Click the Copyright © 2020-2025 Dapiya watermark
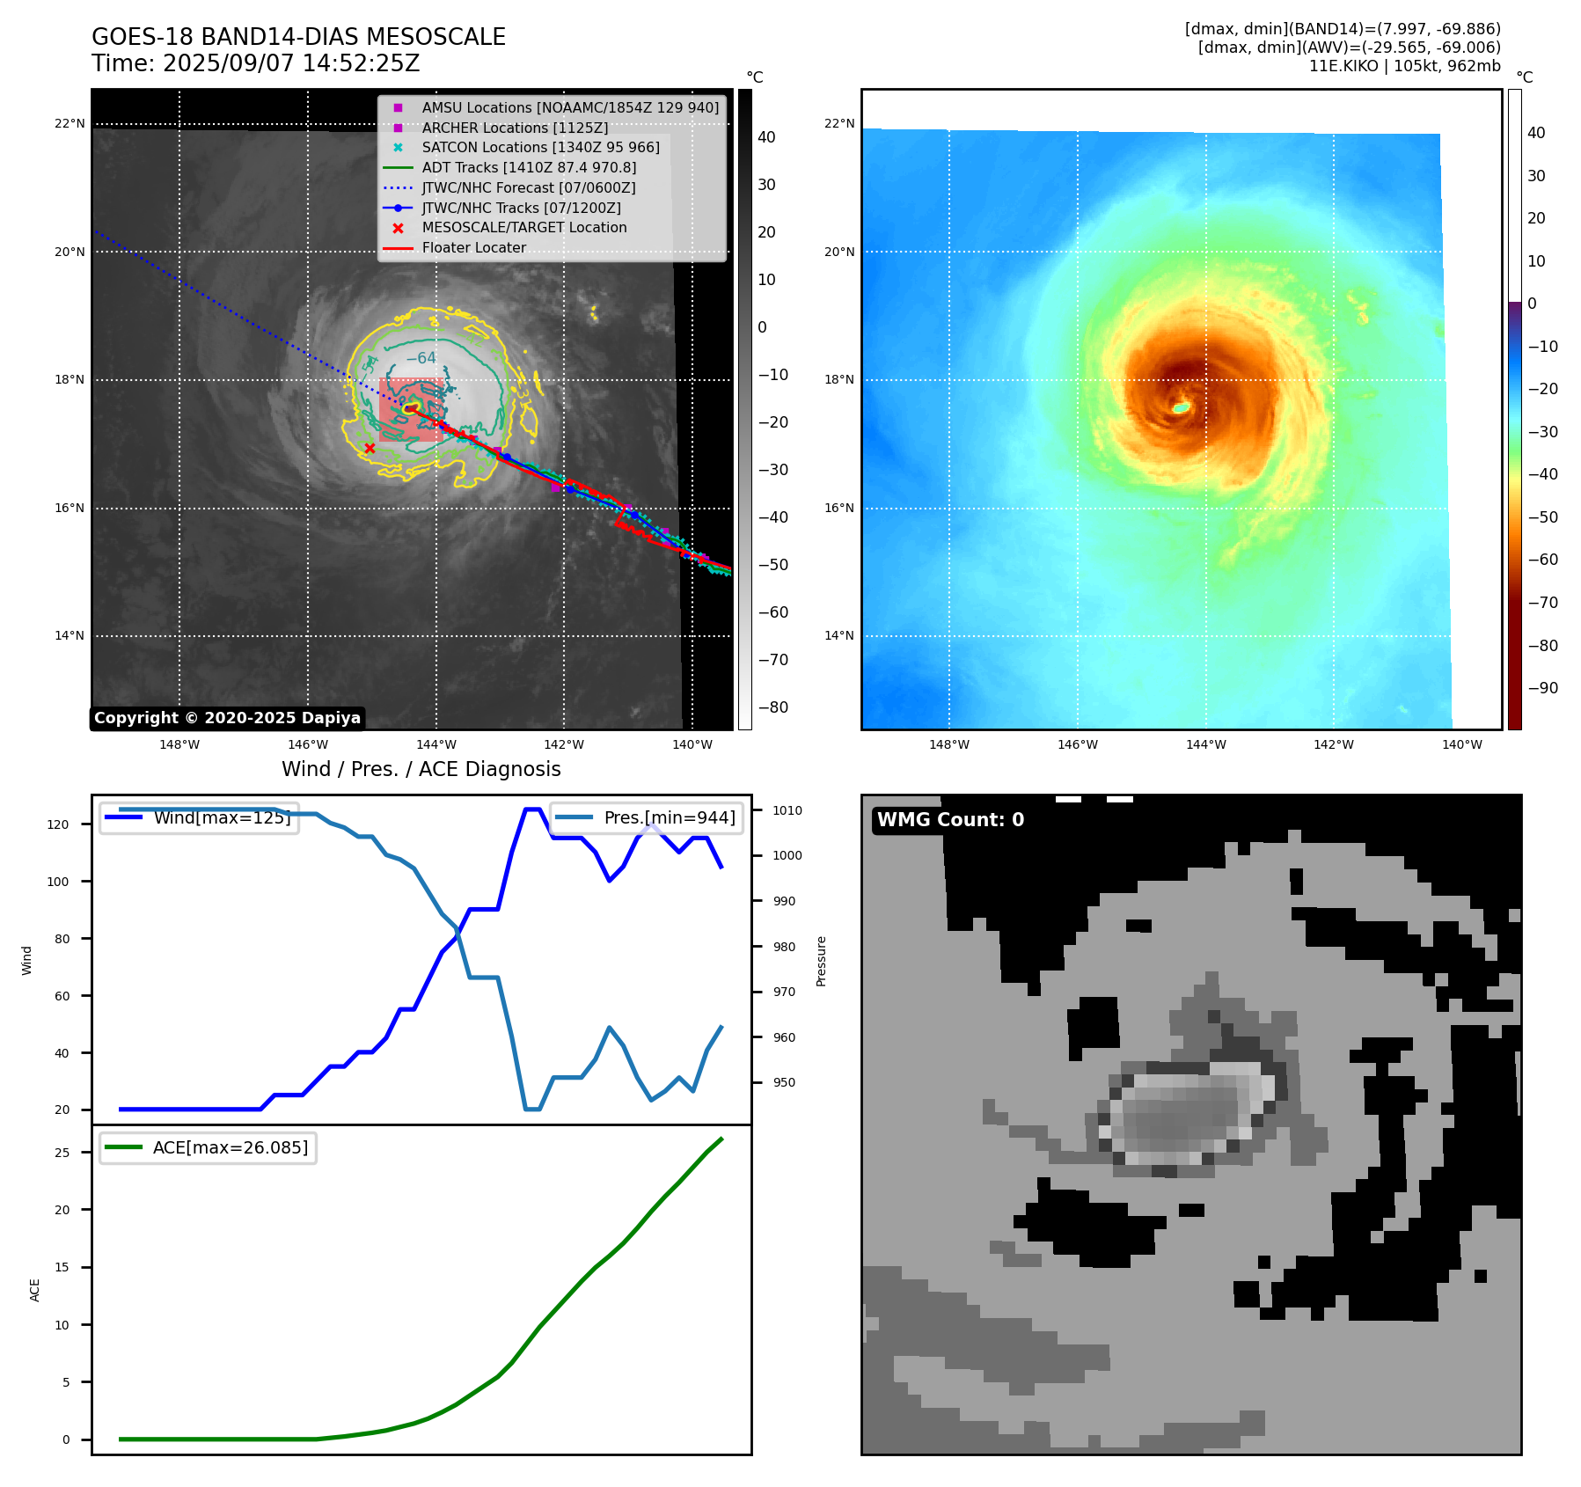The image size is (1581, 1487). [227, 718]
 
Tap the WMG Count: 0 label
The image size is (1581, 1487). [950, 820]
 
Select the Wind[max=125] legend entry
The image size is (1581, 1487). [222, 817]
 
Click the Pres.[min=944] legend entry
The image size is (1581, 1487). [670, 817]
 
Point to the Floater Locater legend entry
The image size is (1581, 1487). [473, 248]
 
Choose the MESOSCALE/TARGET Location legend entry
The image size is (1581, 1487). [524, 228]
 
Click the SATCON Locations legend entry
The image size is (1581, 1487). [540, 148]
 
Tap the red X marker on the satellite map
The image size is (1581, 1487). [370, 449]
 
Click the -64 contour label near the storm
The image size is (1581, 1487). [421, 358]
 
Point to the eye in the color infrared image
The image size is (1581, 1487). [1181, 407]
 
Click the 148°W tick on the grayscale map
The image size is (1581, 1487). [179, 745]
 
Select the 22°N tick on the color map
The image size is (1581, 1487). [838, 124]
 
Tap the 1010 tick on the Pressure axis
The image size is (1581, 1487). [787, 810]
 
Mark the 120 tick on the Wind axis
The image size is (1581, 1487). [57, 824]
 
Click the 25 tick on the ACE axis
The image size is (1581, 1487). [62, 1153]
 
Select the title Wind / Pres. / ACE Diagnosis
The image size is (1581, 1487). [421, 770]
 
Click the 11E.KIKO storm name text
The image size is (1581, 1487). [1343, 67]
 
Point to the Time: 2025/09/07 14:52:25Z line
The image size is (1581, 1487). [256, 64]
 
